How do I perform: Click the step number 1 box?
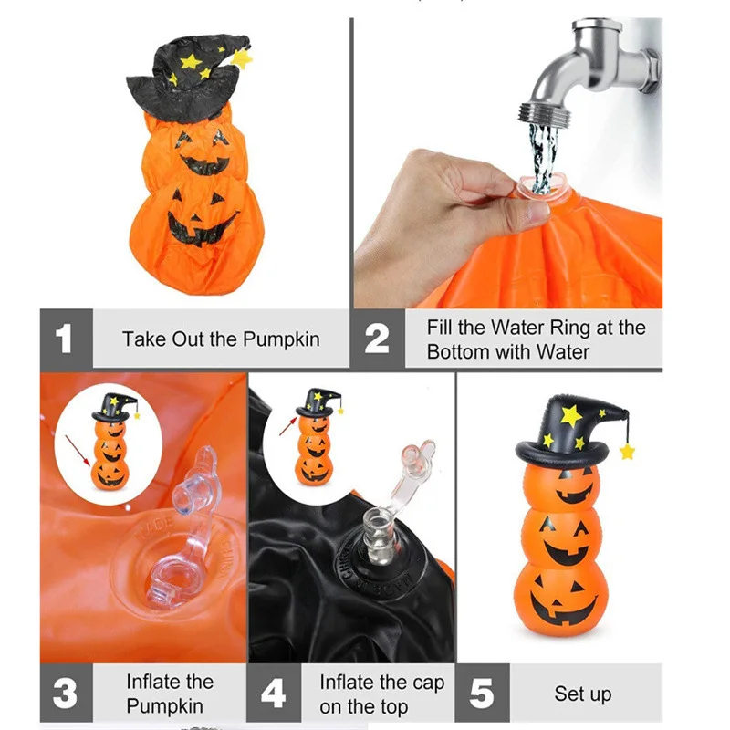pyautogui.click(x=65, y=339)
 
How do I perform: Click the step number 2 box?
pyautogui.click(x=378, y=339)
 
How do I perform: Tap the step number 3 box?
pyautogui.click(x=65, y=693)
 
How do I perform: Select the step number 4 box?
pyautogui.click(x=273, y=693)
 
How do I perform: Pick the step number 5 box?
pyautogui.click(x=481, y=693)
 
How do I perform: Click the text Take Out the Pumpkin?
pyautogui.click(x=221, y=339)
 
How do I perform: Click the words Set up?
pyautogui.click(x=582, y=693)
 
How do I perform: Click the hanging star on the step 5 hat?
pyautogui.click(x=627, y=451)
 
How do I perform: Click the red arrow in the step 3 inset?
pyautogui.click(x=77, y=451)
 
